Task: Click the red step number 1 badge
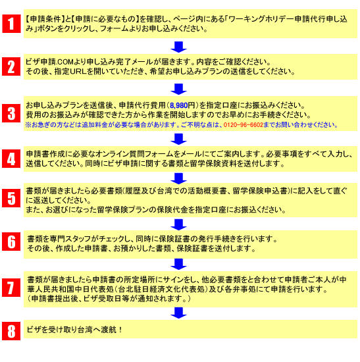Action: click(11, 24)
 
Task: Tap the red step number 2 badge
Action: click(11, 66)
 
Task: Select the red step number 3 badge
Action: click(11, 113)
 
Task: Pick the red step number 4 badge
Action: click(11, 159)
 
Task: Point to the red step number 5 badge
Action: click(11, 198)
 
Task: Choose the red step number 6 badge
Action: click(11, 242)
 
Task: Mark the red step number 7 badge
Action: click(11, 288)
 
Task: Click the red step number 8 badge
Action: click(11, 331)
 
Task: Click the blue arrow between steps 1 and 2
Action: click(178, 47)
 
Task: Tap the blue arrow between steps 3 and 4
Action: click(178, 139)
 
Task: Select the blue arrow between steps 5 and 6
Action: click(178, 224)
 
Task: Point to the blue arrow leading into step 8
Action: click(178, 313)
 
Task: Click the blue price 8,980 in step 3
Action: click(179, 106)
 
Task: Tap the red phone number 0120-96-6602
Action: click(243, 125)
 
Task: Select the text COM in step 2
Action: click(66, 62)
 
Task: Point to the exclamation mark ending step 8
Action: click(120, 330)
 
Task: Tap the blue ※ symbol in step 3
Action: click(28, 125)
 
